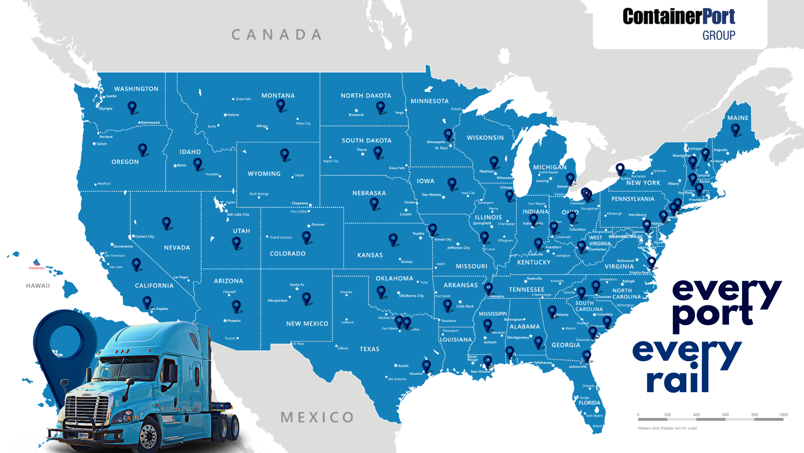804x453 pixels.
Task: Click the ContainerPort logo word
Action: pyautogui.click(x=678, y=17)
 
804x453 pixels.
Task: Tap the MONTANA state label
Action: pyautogui.click(x=278, y=96)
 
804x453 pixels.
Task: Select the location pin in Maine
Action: pyautogui.click(x=735, y=130)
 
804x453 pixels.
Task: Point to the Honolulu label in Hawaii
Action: pyautogui.click(x=36, y=268)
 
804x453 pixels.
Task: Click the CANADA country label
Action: pyautogui.click(x=277, y=35)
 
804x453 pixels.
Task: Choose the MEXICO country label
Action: pyautogui.click(x=317, y=417)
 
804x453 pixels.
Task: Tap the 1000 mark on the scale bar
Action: pyautogui.click(x=783, y=415)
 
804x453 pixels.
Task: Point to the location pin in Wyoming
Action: pyautogui.click(x=285, y=154)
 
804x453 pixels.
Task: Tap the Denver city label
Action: pyautogui.click(x=318, y=224)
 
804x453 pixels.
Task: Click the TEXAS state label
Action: pyautogui.click(x=369, y=349)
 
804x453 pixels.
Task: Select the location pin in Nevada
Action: pyautogui.click(x=167, y=223)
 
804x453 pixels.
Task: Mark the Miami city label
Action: pyautogui.click(x=597, y=426)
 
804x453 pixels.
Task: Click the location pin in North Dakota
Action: pyautogui.click(x=381, y=107)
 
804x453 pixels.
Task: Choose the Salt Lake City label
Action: pyautogui.click(x=238, y=214)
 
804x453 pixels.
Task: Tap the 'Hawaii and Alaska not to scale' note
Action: pyautogui.click(x=667, y=428)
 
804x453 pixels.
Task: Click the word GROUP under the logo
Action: pyautogui.click(x=719, y=36)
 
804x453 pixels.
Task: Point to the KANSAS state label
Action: pyautogui.click(x=370, y=255)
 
